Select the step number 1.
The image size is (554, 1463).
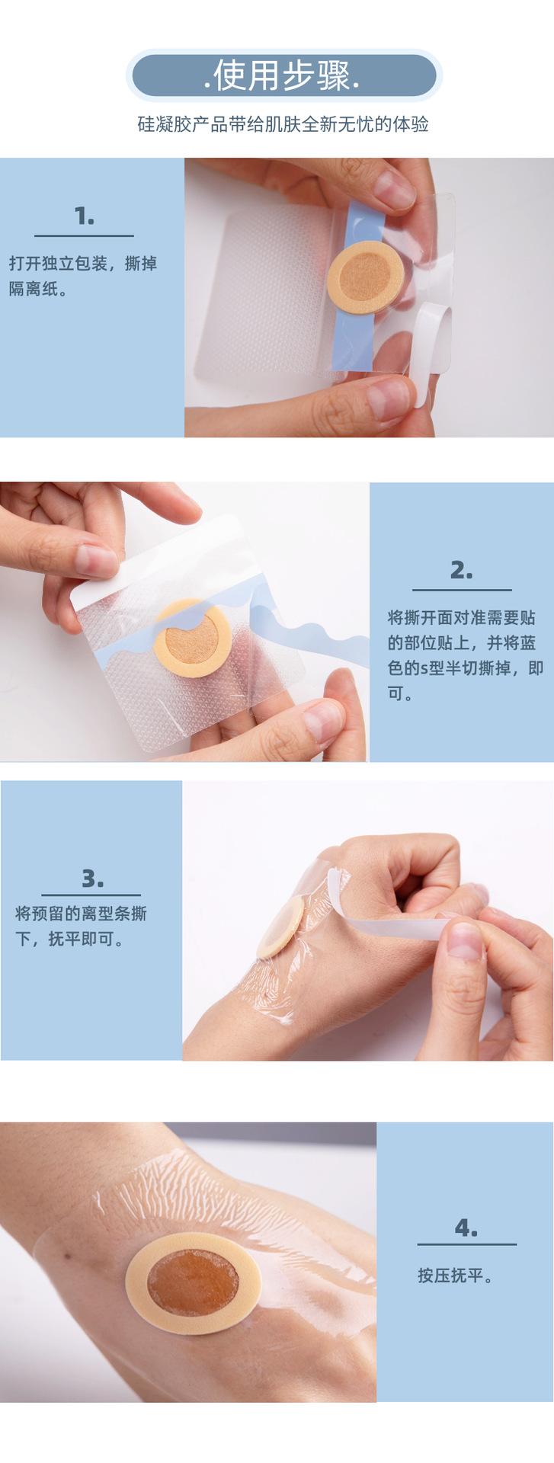[85, 216]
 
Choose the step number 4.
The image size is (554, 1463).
[466, 1228]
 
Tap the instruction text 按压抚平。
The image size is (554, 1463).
[455, 1275]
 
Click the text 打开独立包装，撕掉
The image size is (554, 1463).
[83, 264]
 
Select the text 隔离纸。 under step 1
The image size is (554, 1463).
[39, 289]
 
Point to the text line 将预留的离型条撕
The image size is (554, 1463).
[82, 913]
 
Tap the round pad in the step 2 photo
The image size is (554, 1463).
[191, 637]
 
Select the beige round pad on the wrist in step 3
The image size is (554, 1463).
[281, 927]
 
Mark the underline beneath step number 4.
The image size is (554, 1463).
[466, 1244]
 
